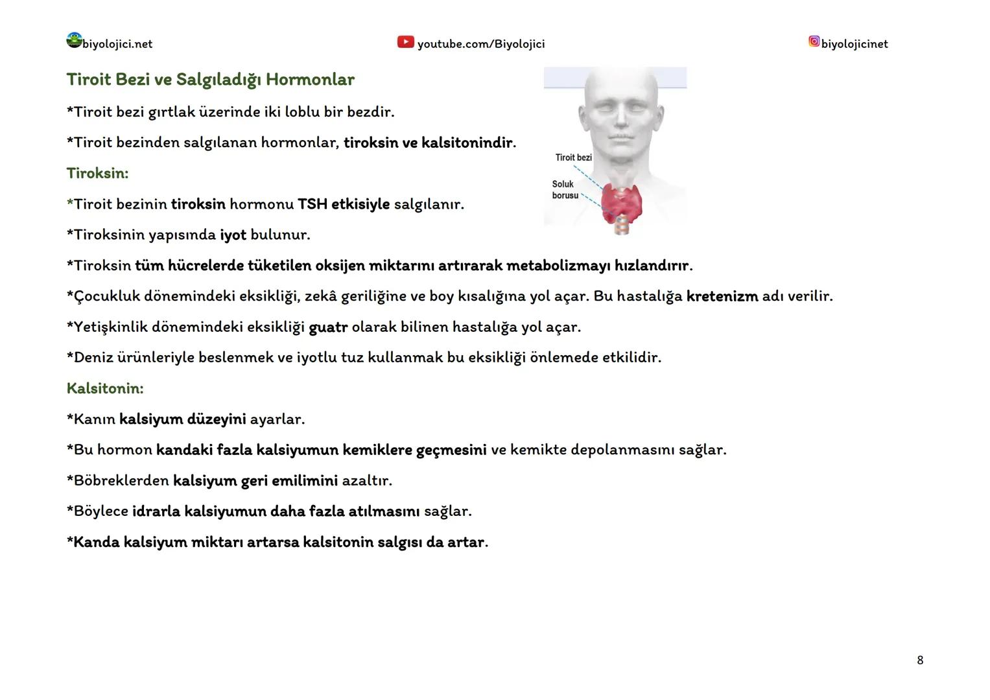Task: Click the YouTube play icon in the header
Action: point(405,42)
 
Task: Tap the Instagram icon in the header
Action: point(814,41)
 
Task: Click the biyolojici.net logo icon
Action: point(74,40)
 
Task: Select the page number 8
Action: point(920,660)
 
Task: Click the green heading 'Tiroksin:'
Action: point(97,173)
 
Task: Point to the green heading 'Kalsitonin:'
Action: point(105,388)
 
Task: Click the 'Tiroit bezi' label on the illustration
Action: point(573,157)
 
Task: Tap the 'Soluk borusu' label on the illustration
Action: point(564,189)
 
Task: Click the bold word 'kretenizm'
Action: point(722,296)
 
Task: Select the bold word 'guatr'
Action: point(328,327)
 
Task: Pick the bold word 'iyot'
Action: point(233,235)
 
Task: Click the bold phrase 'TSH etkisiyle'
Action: point(344,204)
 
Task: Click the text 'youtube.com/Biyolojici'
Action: point(480,44)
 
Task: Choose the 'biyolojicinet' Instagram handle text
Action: point(854,44)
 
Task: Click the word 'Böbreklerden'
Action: point(121,480)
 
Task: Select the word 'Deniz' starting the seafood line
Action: point(93,357)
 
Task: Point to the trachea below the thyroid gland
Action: point(622,225)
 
